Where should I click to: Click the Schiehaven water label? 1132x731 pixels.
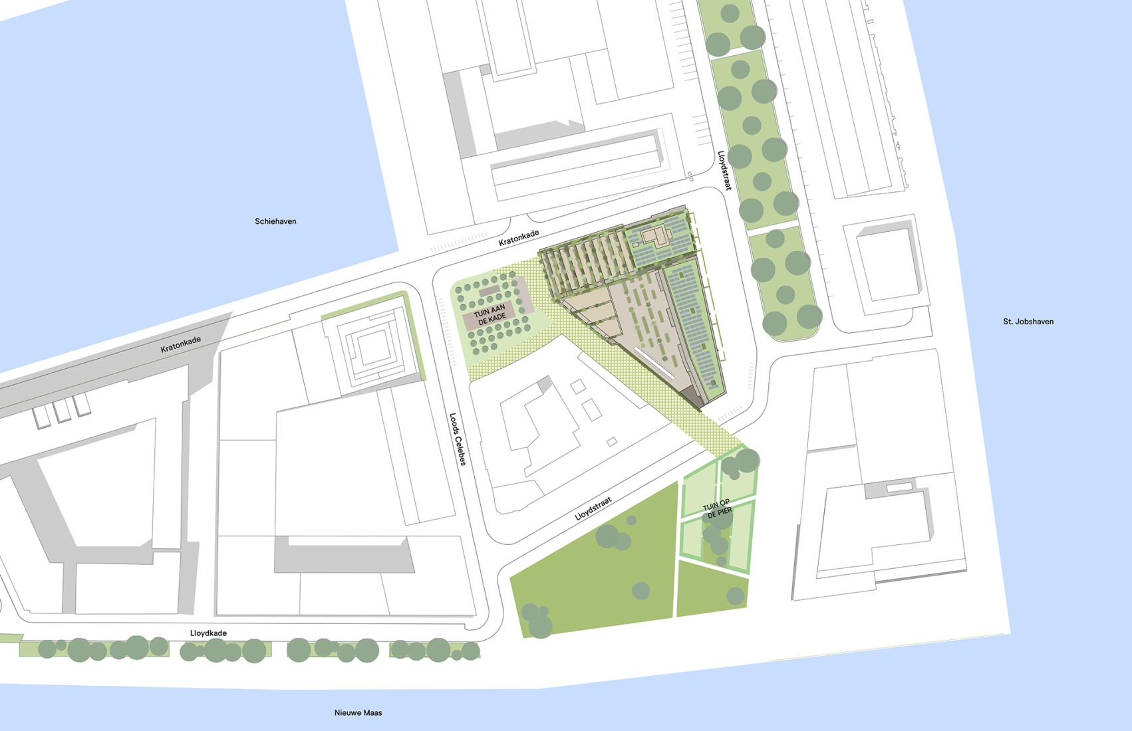[275, 221]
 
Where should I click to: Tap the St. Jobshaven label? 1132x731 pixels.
[1028, 322]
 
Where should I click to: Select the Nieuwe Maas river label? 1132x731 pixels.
[358, 712]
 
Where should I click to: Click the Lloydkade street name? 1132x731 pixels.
[208, 633]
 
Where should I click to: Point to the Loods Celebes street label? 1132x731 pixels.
[458, 439]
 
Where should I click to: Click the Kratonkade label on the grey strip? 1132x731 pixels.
[180, 344]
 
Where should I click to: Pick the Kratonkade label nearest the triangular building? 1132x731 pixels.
[518, 238]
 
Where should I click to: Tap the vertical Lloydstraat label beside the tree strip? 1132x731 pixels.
[724, 171]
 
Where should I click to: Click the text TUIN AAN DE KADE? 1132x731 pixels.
[490, 314]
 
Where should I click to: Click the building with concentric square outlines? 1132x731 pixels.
[374, 347]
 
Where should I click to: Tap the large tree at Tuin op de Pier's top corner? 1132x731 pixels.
[748, 460]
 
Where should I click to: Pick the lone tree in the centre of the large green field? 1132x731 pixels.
[640, 590]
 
